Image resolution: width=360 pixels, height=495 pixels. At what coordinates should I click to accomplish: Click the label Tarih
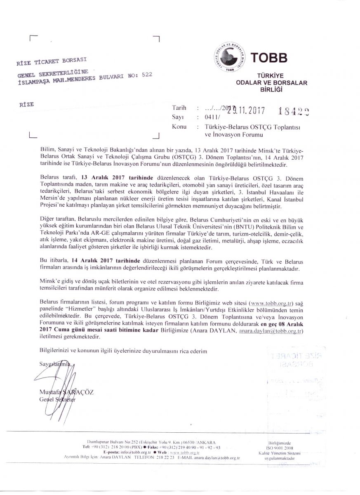pyautogui.click(x=179, y=108)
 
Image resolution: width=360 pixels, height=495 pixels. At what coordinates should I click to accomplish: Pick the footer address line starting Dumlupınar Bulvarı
pyautogui.click(x=151, y=442)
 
